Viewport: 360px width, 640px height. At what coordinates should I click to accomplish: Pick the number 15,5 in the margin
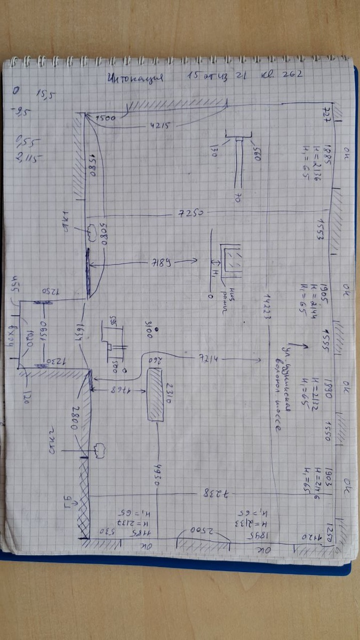tap(45, 94)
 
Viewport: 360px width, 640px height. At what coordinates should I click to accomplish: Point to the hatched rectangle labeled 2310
tap(156, 395)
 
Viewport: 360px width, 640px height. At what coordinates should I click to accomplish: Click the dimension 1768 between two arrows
tap(119, 389)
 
